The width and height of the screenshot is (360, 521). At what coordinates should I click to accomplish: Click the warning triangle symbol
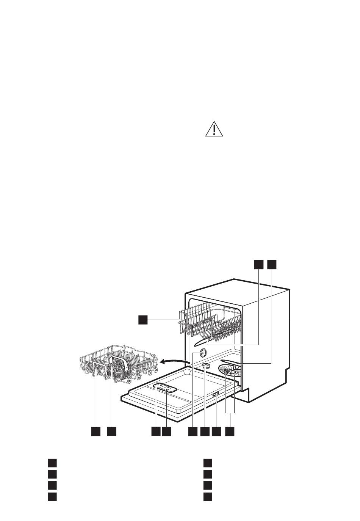click(214, 129)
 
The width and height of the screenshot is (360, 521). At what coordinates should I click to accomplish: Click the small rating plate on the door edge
click(215, 395)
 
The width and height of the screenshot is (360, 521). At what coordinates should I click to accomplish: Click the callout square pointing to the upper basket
click(142, 320)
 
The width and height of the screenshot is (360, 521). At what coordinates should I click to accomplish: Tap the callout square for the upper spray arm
click(258, 265)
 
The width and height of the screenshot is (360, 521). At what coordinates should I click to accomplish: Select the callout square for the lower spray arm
click(272, 265)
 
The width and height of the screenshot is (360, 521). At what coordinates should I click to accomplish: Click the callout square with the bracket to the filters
click(230, 432)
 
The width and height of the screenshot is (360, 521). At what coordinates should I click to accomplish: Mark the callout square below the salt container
click(205, 432)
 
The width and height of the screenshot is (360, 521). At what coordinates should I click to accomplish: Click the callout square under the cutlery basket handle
click(111, 432)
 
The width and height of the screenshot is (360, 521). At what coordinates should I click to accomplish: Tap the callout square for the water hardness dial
click(193, 432)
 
